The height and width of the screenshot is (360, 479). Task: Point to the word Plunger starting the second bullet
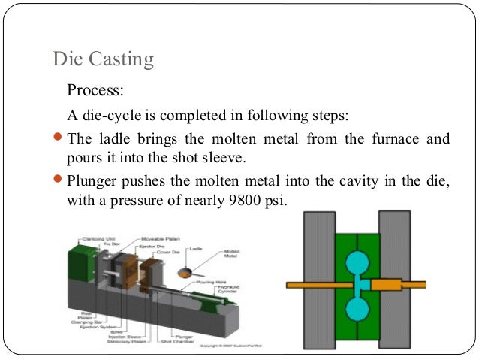[x=92, y=181]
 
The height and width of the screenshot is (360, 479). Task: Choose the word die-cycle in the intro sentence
[x=110, y=116]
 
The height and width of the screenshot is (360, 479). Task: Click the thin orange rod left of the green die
[x=308, y=286]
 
